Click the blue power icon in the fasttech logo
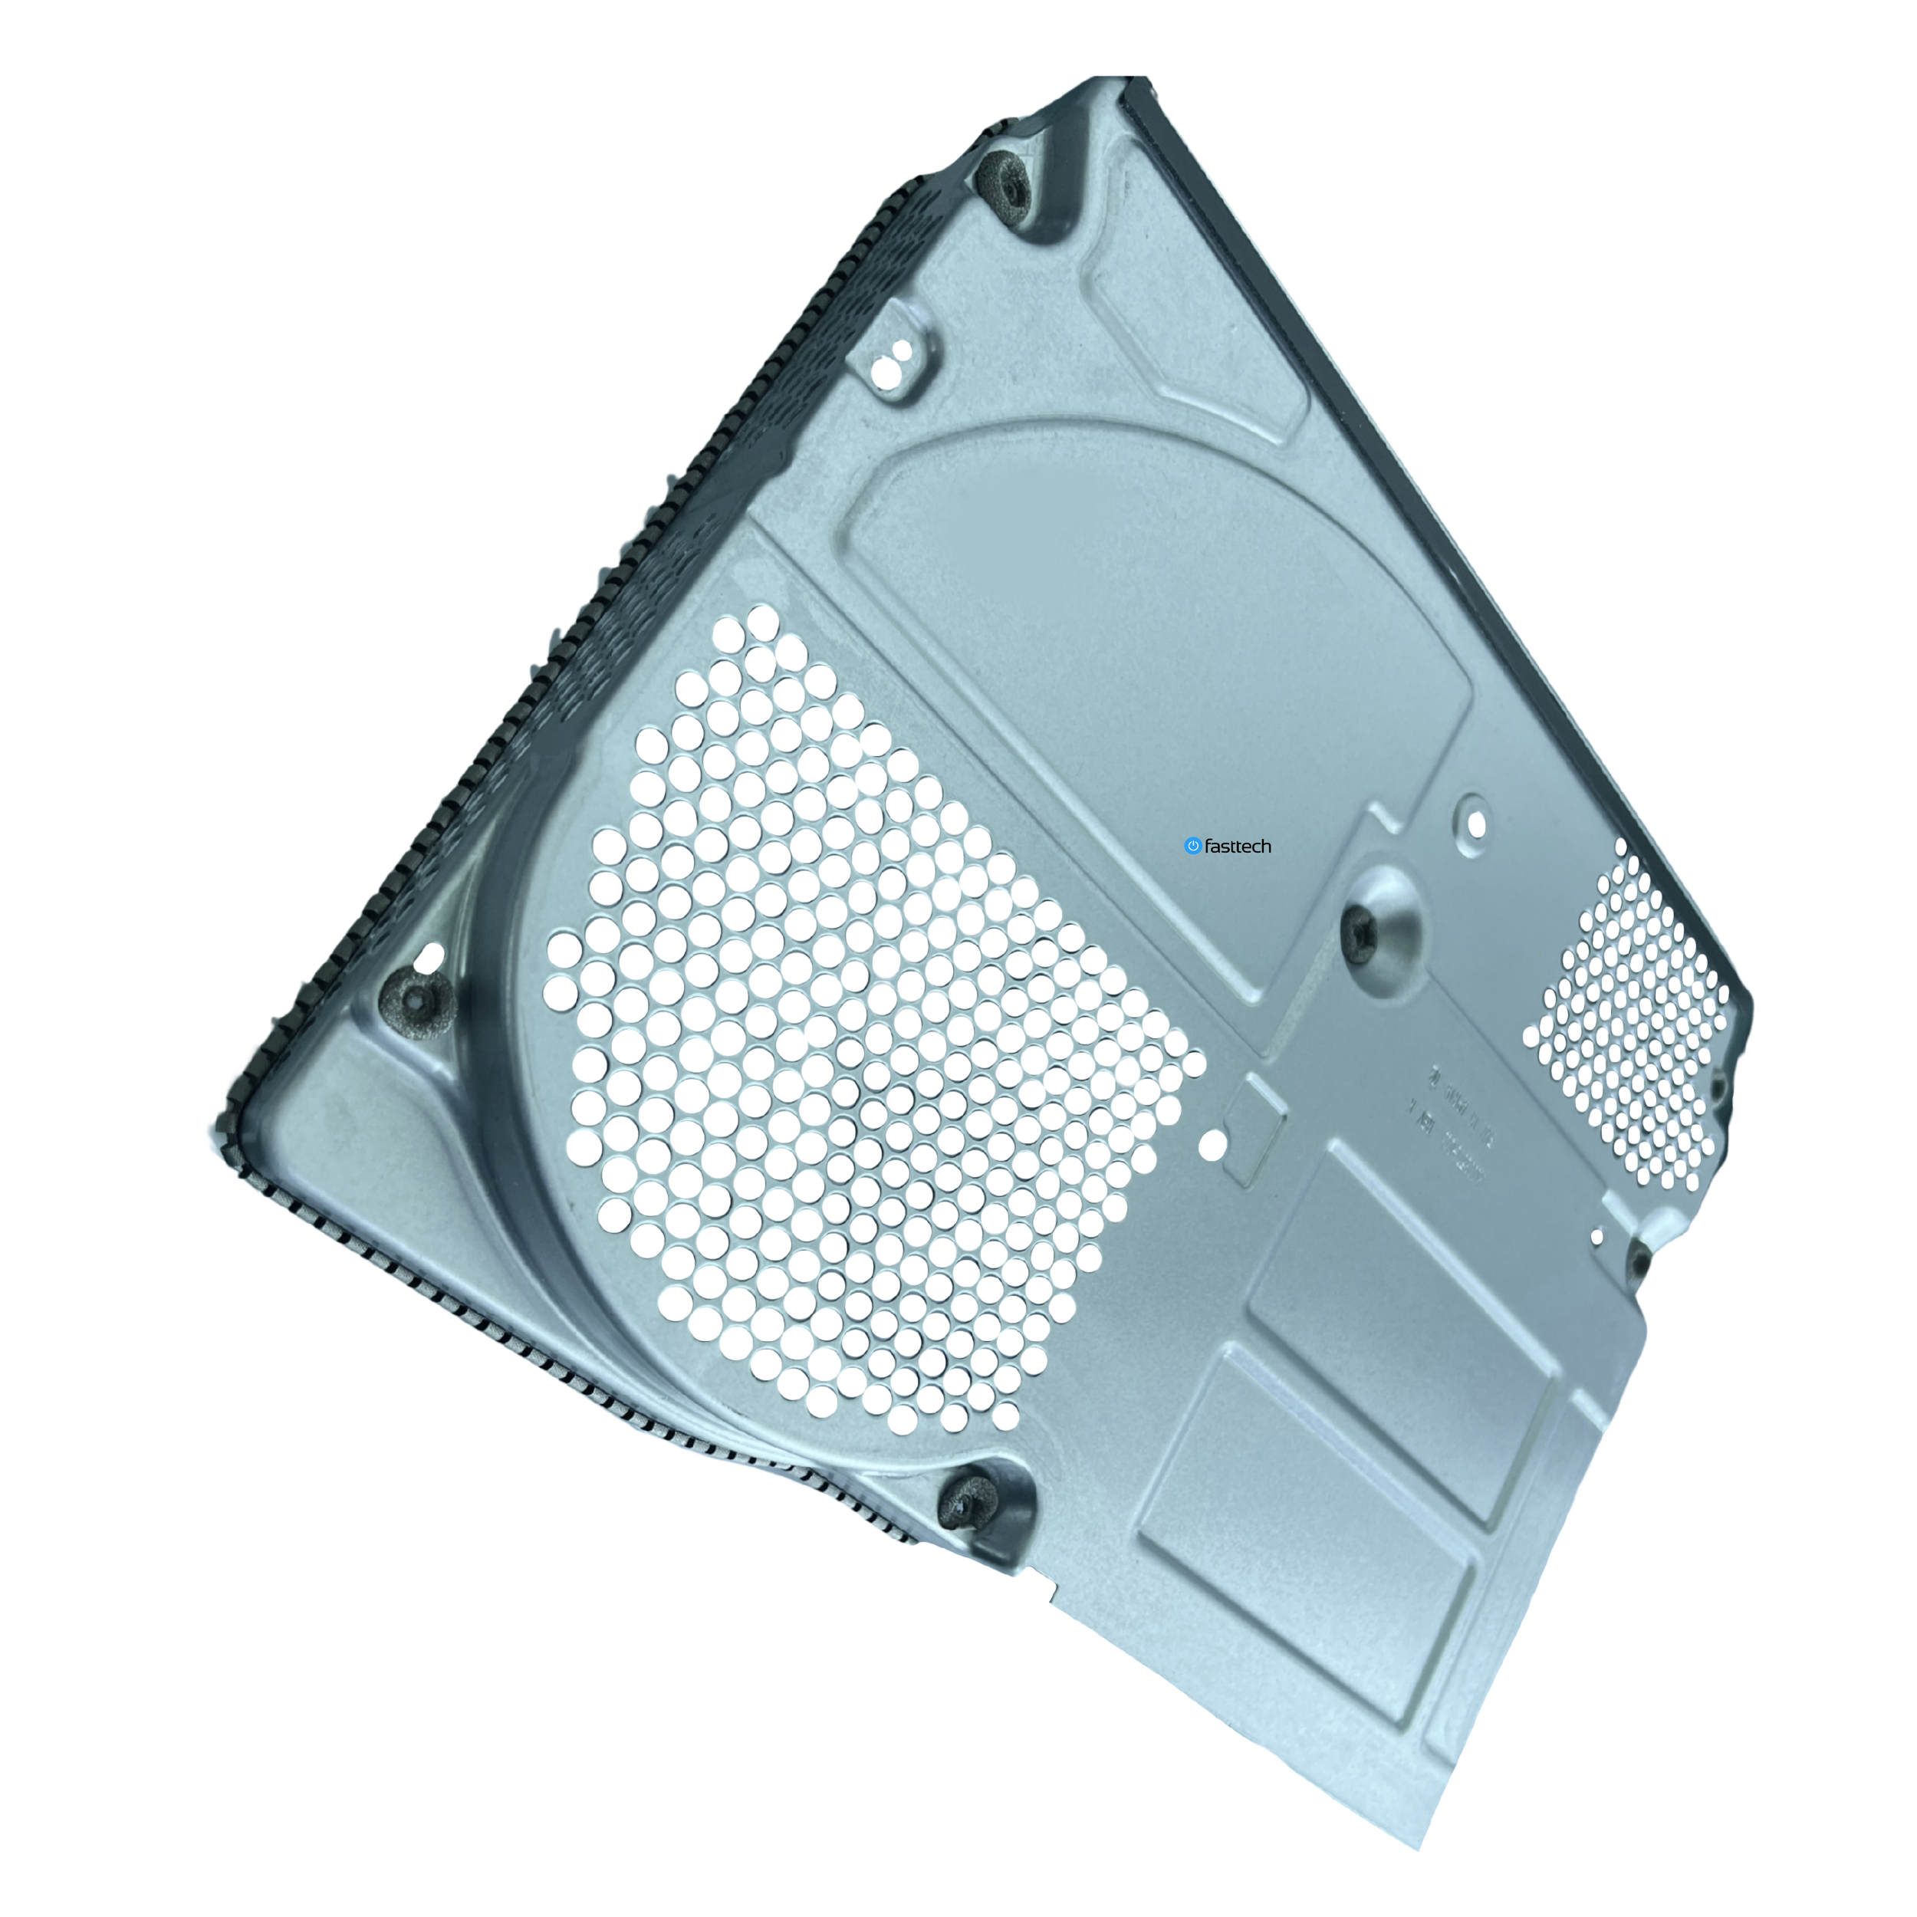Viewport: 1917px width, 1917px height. pos(1192,847)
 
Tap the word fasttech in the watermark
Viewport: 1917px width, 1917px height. pos(1238,847)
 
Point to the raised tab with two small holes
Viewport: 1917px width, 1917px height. pos(901,362)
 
